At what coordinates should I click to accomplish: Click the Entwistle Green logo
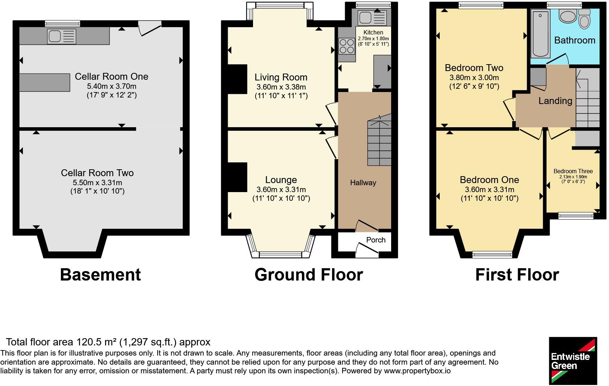pyautogui.click(x=573, y=360)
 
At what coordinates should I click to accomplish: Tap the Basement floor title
pyautogui.click(x=100, y=275)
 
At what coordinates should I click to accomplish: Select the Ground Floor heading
pyautogui.click(x=308, y=275)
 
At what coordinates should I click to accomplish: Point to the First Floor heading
pyautogui.click(x=517, y=275)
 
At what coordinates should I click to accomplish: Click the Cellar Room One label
pyautogui.click(x=112, y=76)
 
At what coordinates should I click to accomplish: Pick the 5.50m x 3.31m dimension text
pyautogui.click(x=97, y=183)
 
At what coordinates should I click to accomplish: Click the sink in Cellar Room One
pyautogui.click(x=62, y=36)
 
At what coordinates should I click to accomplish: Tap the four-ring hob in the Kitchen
pyautogui.click(x=347, y=46)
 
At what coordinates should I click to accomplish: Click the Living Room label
pyautogui.click(x=281, y=77)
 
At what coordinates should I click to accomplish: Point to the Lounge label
pyautogui.click(x=281, y=180)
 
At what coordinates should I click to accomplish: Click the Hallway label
pyautogui.click(x=363, y=183)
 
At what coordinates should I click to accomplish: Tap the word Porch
pyautogui.click(x=376, y=240)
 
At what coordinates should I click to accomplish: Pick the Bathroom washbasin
pyautogui.click(x=568, y=16)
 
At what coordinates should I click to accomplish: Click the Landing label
pyautogui.click(x=555, y=101)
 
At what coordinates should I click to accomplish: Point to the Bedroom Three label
pyautogui.click(x=573, y=171)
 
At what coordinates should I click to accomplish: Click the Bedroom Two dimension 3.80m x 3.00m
pyautogui.click(x=474, y=78)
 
